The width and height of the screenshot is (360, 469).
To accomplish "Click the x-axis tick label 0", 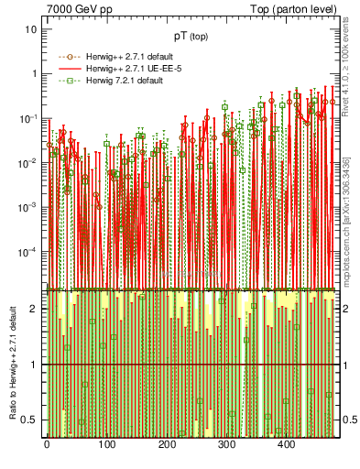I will click(47, 444).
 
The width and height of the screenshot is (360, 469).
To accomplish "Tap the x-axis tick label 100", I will click(106, 444).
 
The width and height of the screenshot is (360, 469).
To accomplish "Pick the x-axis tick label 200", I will click(166, 444).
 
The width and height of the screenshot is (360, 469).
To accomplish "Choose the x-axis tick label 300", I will click(226, 444).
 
